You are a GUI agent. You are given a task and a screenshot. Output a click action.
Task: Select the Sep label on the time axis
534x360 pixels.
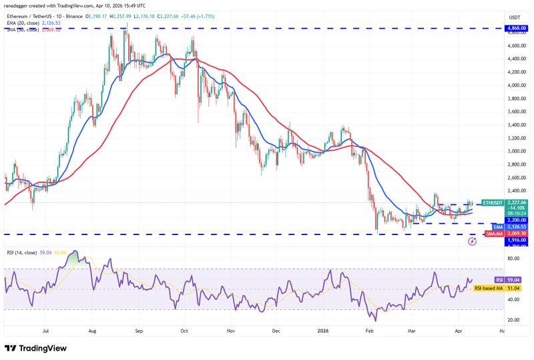pos(139,330)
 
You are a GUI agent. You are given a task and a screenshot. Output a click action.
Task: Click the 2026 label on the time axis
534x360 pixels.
pos(323,330)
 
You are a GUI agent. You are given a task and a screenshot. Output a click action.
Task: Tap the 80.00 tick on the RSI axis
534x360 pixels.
pos(514,258)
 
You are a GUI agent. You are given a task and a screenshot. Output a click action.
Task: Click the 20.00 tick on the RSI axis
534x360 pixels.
pos(514,320)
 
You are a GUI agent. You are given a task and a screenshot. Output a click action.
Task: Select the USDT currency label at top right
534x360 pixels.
pos(515,17)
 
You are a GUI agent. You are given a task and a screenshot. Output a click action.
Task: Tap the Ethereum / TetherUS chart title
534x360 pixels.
pos(40,17)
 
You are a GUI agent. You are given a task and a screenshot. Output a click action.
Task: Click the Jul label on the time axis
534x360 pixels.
pos(47,330)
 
